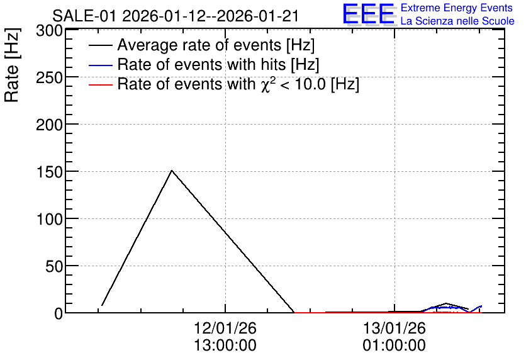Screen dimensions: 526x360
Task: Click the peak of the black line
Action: point(172,171)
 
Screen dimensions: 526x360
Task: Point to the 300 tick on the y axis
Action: point(49,31)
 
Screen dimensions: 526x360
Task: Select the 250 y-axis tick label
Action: point(49,78)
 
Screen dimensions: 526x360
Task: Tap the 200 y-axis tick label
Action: point(49,125)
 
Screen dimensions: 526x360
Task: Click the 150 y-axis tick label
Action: point(49,172)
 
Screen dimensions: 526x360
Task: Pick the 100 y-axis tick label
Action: point(49,220)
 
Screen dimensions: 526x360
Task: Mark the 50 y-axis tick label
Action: point(54,267)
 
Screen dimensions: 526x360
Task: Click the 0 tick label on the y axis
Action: point(59,314)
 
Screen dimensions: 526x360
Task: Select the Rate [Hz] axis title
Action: point(12,65)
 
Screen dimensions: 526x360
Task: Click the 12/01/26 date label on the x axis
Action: point(225,328)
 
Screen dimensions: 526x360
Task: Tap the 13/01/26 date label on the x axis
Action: point(394,328)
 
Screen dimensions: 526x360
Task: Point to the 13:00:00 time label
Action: point(225,346)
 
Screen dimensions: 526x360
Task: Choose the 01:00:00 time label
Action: point(394,346)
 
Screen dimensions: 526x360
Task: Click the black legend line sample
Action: point(100,45)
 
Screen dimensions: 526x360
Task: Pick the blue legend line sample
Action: point(100,65)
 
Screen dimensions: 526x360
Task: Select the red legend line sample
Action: point(100,84)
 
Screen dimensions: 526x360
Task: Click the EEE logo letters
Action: point(369,14)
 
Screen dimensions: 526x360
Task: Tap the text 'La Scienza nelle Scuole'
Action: point(457,21)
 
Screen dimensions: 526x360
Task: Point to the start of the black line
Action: point(102,305)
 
